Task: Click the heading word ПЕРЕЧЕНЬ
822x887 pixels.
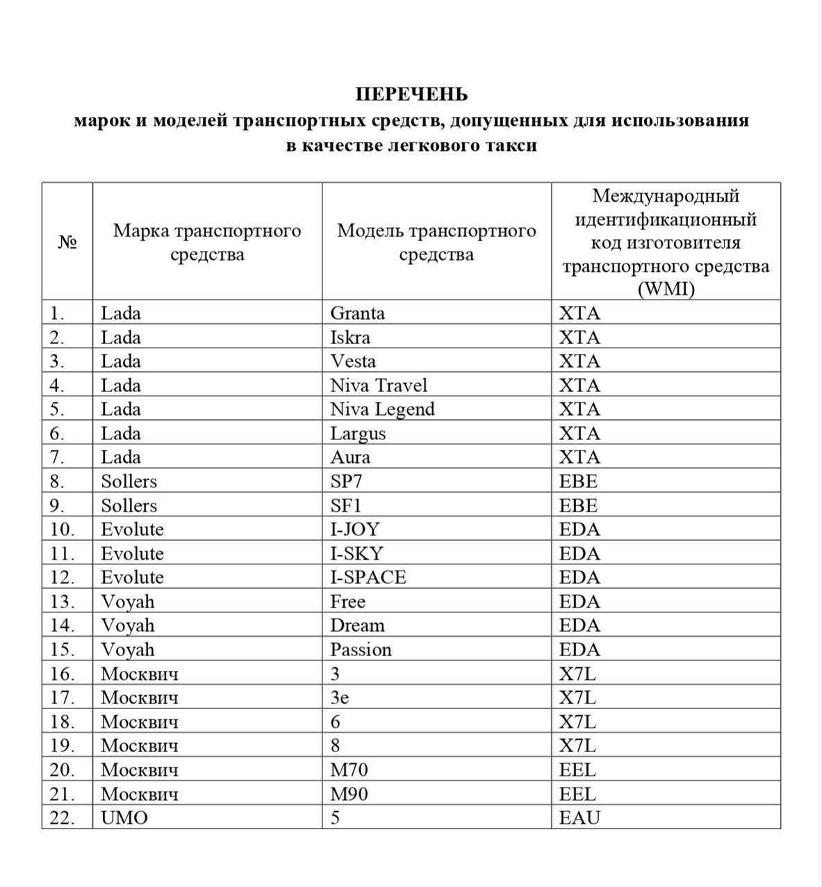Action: pos(411,94)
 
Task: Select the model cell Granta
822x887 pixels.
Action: pos(357,313)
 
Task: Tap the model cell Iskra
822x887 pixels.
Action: pos(350,337)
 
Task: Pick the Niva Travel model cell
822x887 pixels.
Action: pos(379,385)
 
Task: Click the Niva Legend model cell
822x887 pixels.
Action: pos(382,409)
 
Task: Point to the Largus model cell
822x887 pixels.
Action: pos(358,433)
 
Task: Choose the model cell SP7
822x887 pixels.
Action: pos(346,481)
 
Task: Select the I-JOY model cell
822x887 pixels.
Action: pos(355,529)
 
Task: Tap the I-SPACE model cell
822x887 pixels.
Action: pos(368,577)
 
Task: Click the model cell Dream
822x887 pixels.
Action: pos(357,625)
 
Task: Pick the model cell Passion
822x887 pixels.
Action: pos(361,649)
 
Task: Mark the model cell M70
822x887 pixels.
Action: pos(349,770)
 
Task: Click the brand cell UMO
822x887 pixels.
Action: pos(124,817)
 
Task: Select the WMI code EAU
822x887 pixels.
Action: pos(579,817)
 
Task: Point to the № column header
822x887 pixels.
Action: pos(67,242)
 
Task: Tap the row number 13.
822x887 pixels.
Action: pos(62,601)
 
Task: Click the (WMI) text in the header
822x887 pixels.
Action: pos(666,289)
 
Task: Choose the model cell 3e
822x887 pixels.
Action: pos(339,697)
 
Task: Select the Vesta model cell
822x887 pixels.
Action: pos(353,361)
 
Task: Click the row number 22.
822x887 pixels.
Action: pos(62,817)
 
